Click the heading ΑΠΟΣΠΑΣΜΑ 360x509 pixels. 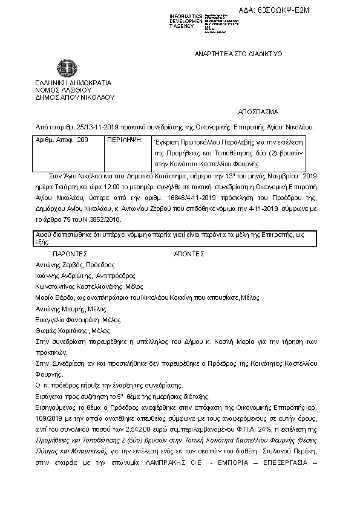[258, 112]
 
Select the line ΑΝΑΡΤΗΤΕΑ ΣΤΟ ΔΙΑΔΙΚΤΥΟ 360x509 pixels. [238, 54]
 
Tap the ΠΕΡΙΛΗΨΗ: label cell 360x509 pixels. [124, 140]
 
